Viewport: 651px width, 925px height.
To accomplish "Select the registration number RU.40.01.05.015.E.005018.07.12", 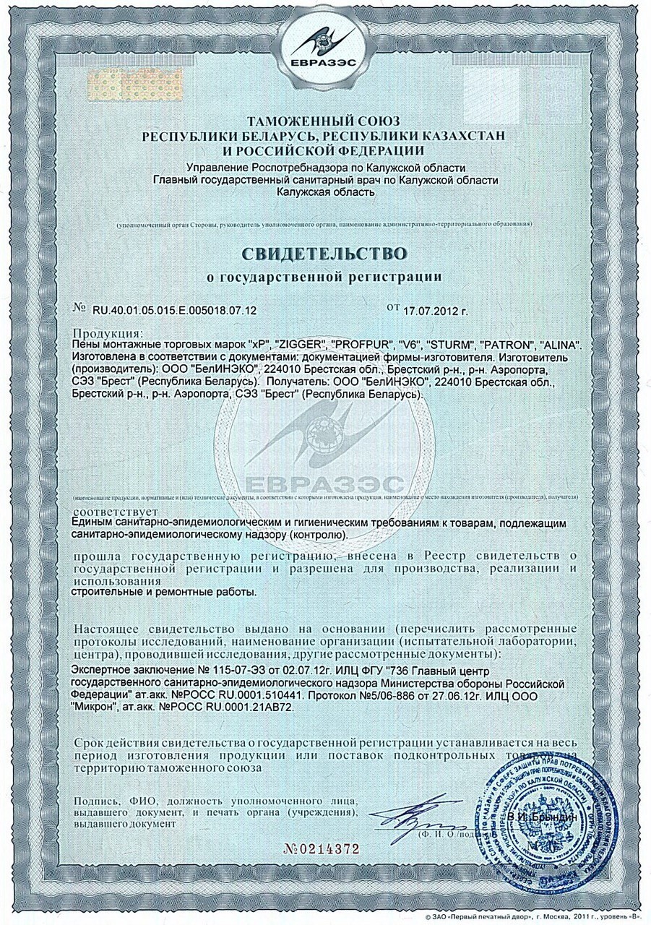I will (174, 310).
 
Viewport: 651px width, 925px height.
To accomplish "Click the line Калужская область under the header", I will (325, 192).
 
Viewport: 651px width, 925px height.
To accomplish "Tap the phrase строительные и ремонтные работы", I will (164, 592).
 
